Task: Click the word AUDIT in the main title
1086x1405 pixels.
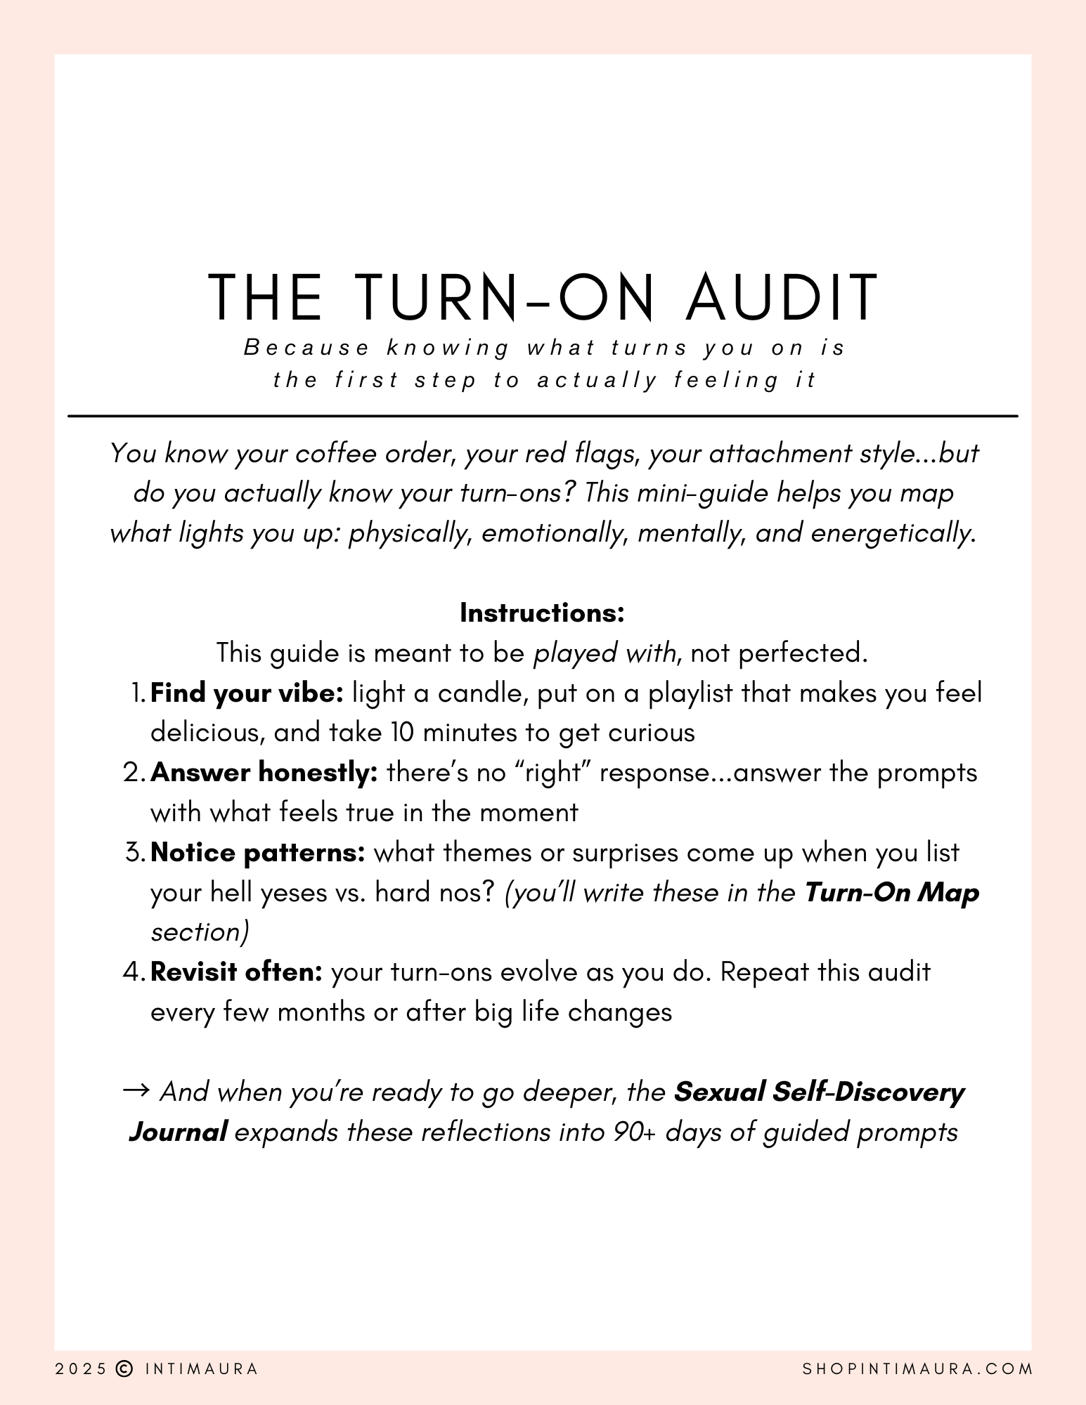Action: click(782, 297)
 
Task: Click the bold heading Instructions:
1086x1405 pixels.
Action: click(542, 613)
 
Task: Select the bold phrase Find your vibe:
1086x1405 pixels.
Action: click(247, 693)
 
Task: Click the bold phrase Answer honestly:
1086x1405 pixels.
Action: click(264, 773)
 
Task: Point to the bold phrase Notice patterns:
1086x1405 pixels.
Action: click(258, 853)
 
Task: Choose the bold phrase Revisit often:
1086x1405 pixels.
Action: click(237, 972)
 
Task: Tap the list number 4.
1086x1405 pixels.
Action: click(133, 972)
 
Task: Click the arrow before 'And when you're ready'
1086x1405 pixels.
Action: click(136, 1091)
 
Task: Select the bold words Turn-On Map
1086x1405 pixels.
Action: click(891, 893)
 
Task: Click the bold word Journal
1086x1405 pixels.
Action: click(178, 1132)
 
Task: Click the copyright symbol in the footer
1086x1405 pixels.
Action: click(124, 1368)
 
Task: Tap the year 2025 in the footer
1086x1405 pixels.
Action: click(81, 1368)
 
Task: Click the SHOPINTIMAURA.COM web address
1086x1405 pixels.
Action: click(917, 1368)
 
